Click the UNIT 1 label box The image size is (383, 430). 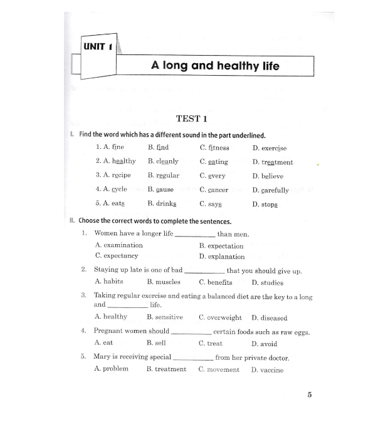[97, 46]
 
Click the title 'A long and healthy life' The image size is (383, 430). [215, 65]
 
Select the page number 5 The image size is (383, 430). [310, 394]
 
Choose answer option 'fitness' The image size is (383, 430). [219, 148]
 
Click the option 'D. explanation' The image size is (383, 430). [222, 257]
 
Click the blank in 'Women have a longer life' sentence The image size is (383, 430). [195, 235]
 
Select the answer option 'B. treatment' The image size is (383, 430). [166, 369]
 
